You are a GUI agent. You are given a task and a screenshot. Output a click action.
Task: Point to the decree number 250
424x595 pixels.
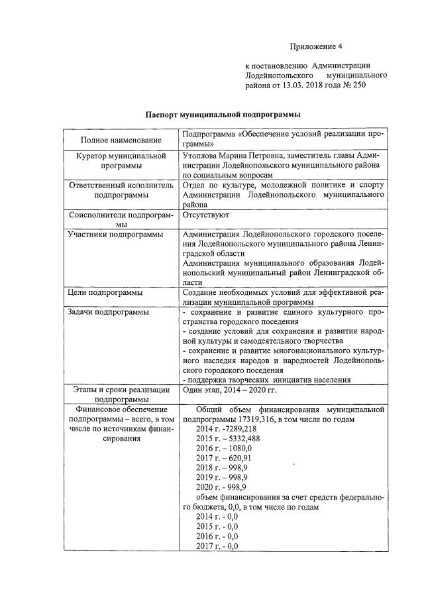coord(359,85)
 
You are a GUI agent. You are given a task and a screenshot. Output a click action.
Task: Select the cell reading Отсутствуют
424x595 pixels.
coord(206,215)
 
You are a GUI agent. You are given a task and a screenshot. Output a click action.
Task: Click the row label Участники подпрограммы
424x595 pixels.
coord(109,234)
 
